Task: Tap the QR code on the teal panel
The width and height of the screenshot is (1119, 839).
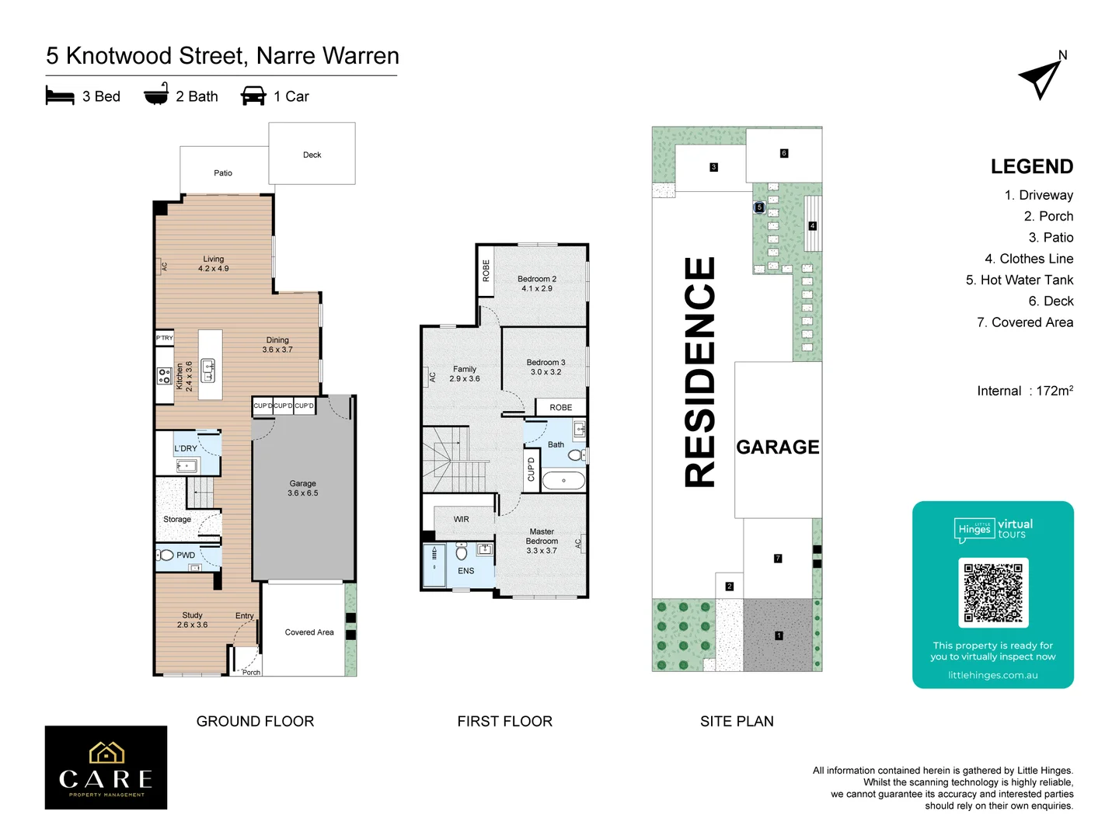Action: (x=993, y=593)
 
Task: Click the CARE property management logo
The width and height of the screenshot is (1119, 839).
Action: (x=106, y=768)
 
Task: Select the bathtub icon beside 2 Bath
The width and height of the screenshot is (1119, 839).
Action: (x=156, y=94)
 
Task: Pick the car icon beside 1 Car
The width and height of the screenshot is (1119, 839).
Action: (x=253, y=96)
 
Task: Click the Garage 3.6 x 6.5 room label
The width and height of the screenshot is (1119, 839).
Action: (x=303, y=488)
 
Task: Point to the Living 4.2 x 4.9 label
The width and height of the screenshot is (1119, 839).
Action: (x=213, y=264)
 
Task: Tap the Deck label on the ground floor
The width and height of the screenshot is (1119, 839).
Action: (x=312, y=155)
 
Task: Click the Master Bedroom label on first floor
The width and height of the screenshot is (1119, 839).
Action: (x=542, y=541)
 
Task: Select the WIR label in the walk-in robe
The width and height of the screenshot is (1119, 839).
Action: (x=462, y=519)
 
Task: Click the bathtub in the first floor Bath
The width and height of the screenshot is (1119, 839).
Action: (x=563, y=481)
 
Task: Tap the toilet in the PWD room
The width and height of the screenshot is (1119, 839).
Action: (x=166, y=555)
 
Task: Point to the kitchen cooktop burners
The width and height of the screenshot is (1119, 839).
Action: (x=164, y=376)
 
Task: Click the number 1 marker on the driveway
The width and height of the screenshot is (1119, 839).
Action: (x=779, y=635)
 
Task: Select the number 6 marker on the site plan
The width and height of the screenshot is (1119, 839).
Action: (x=784, y=153)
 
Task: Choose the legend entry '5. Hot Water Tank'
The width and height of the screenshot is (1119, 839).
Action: (x=1019, y=280)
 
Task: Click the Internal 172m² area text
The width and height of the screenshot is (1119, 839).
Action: (x=1024, y=391)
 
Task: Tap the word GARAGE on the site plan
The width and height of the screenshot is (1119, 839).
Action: (x=777, y=447)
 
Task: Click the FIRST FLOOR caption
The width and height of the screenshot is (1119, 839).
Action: (x=504, y=721)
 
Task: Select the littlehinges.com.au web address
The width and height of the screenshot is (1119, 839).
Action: (x=992, y=675)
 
